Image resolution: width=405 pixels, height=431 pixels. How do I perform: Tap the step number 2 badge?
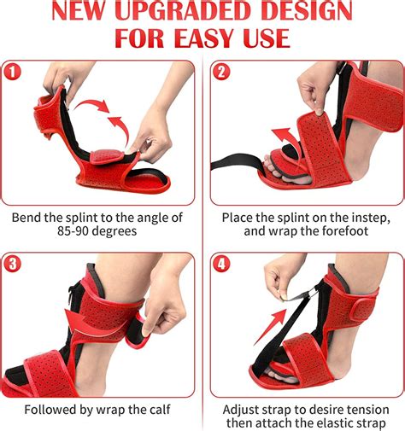click(x=222, y=73)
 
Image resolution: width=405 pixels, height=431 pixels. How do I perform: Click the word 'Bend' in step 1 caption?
click(x=26, y=218)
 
